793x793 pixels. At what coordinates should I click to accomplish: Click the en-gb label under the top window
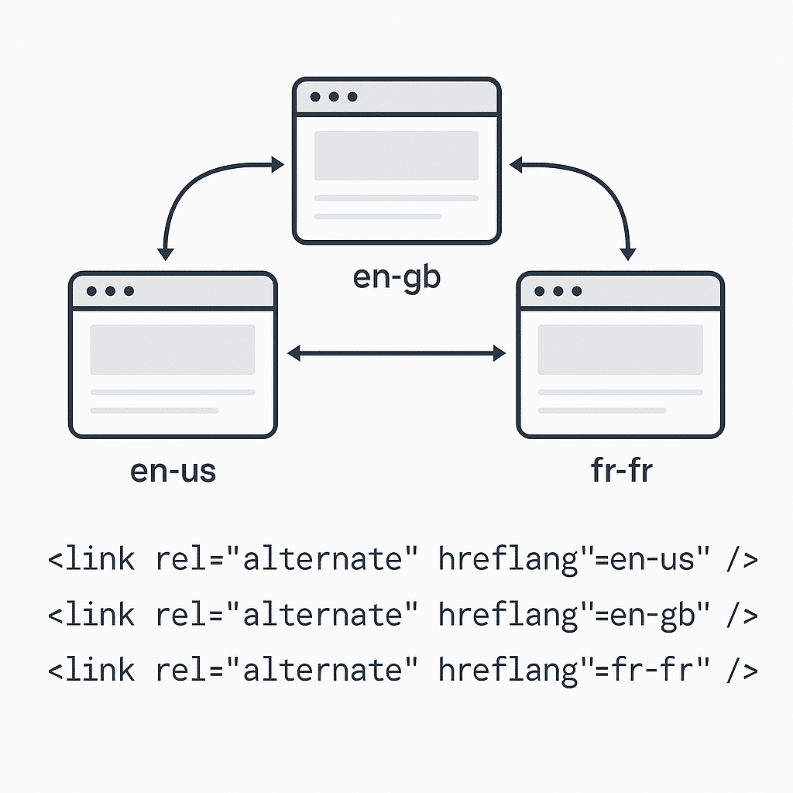pos(396,277)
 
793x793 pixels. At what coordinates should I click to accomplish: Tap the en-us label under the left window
pos(173,471)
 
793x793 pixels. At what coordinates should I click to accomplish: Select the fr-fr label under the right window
pos(621,471)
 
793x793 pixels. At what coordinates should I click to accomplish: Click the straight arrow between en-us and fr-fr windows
pos(396,354)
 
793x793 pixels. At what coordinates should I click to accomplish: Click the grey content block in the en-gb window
pos(396,156)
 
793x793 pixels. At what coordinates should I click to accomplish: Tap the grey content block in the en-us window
pos(173,349)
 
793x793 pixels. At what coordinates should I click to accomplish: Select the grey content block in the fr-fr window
pos(620,349)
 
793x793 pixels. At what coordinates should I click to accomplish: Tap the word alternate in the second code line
pos(324,615)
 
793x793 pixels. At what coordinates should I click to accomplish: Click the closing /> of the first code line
pos(740,559)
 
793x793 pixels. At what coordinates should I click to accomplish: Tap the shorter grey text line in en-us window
pos(155,410)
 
